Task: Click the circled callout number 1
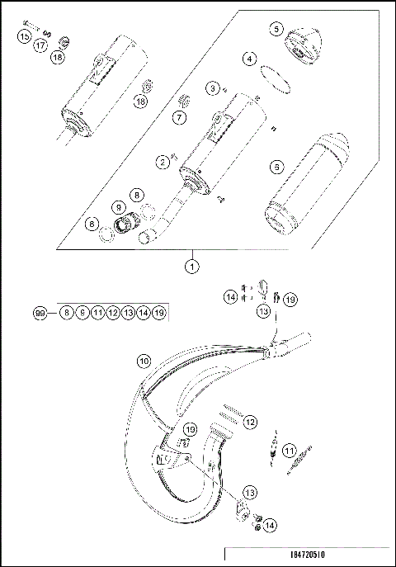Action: [x=191, y=267]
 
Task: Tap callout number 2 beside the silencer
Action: [x=163, y=162]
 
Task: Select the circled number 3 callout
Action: [x=213, y=87]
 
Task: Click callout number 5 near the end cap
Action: [x=275, y=29]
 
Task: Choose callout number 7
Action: [x=177, y=118]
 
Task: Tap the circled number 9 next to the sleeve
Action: [x=119, y=207]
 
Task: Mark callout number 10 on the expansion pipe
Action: [x=144, y=361]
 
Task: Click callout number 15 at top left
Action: [x=24, y=37]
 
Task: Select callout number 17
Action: [x=39, y=47]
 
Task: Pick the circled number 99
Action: [x=39, y=313]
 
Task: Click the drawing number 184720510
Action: [x=341, y=558]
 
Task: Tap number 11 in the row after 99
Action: [x=97, y=313]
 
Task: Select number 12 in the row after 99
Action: [x=112, y=313]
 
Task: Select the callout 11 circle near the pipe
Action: [x=288, y=450]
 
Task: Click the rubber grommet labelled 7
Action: [x=186, y=102]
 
